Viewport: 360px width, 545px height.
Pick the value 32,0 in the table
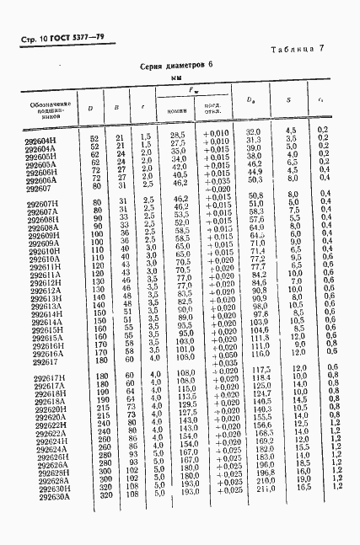(252, 132)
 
